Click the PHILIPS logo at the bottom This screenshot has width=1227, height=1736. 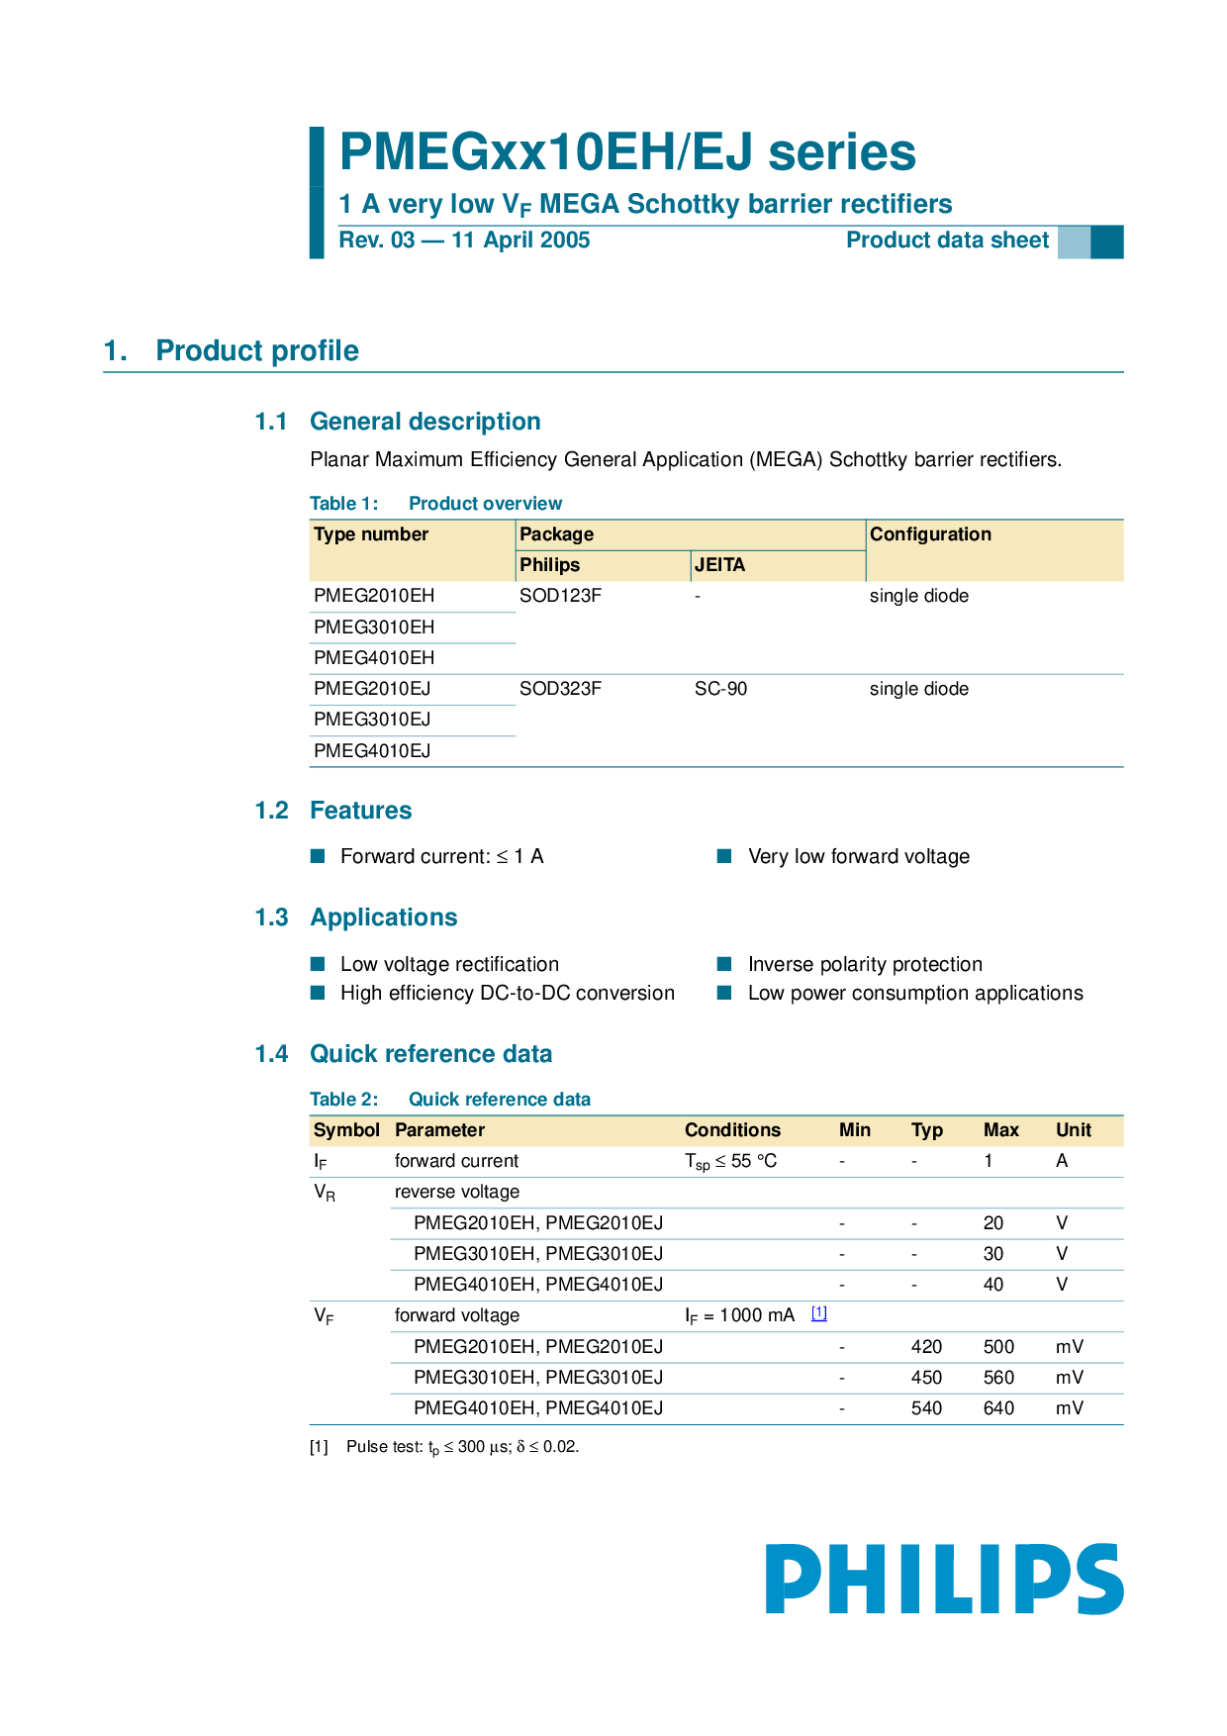[x=944, y=1579]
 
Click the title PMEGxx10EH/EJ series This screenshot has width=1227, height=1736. [x=627, y=152]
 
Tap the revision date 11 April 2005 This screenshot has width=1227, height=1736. [x=520, y=241]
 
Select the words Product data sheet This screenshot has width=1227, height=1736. [x=947, y=241]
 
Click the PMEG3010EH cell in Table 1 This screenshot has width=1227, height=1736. [x=374, y=627]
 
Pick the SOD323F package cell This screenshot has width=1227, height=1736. [x=560, y=689]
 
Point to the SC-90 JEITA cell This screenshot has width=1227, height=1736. [x=720, y=689]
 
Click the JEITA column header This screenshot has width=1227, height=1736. [x=719, y=565]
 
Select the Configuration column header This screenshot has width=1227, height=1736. [x=930, y=534]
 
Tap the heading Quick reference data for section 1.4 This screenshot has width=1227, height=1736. [x=430, y=1054]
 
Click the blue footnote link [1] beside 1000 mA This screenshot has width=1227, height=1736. [x=819, y=1313]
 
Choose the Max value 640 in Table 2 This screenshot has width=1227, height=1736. [x=998, y=1408]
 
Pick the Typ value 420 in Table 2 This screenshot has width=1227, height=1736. [x=926, y=1347]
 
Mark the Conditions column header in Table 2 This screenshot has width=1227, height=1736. [x=732, y=1130]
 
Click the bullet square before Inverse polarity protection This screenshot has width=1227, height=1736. [x=724, y=964]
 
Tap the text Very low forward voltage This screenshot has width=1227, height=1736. [x=858, y=857]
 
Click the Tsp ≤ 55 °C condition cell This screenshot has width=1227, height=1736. [x=730, y=1161]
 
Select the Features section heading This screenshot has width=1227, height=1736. [x=360, y=811]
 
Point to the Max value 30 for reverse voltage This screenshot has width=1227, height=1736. [x=992, y=1254]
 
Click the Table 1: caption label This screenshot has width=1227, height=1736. [x=343, y=504]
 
